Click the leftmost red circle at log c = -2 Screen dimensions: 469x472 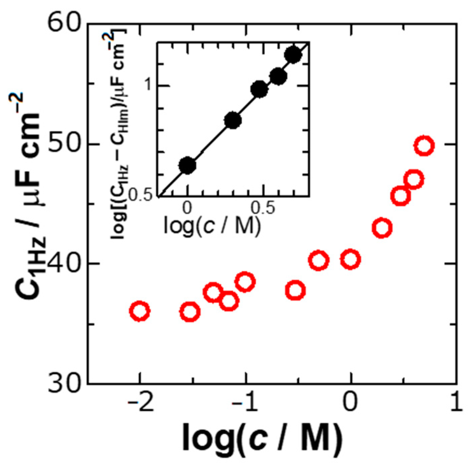[139, 311]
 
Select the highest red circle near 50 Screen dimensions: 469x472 [424, 146]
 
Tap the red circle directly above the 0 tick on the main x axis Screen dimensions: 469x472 [350, 259]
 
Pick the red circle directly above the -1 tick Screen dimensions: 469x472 [245, 282]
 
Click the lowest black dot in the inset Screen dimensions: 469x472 [187, 165]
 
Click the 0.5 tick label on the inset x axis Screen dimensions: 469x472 [262, 209]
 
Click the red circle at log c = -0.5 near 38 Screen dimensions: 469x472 [295, 290]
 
